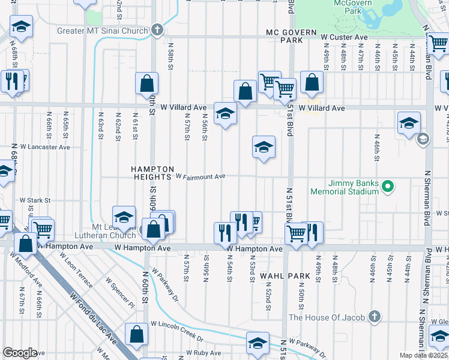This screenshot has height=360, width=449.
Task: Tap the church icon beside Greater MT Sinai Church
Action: (x=157, y=29)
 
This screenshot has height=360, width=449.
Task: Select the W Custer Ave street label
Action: (x=343, y=37)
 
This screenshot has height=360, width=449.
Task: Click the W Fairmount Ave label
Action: (x=200, y=176)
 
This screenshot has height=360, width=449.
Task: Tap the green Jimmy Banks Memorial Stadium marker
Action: (x=388, y=187)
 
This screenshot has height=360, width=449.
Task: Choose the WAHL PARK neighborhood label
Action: (x=285, y=276)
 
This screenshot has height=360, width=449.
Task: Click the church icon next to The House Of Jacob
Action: (x=374, y=316)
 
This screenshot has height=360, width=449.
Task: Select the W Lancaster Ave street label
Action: (x=45, y=146)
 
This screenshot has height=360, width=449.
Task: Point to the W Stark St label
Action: (x=35, y=200)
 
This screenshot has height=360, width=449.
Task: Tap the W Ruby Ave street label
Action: (x=203, y=353)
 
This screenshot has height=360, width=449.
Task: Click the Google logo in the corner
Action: (x=20, y=353)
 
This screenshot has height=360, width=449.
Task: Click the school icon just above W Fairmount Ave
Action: (x=264, y=148)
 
